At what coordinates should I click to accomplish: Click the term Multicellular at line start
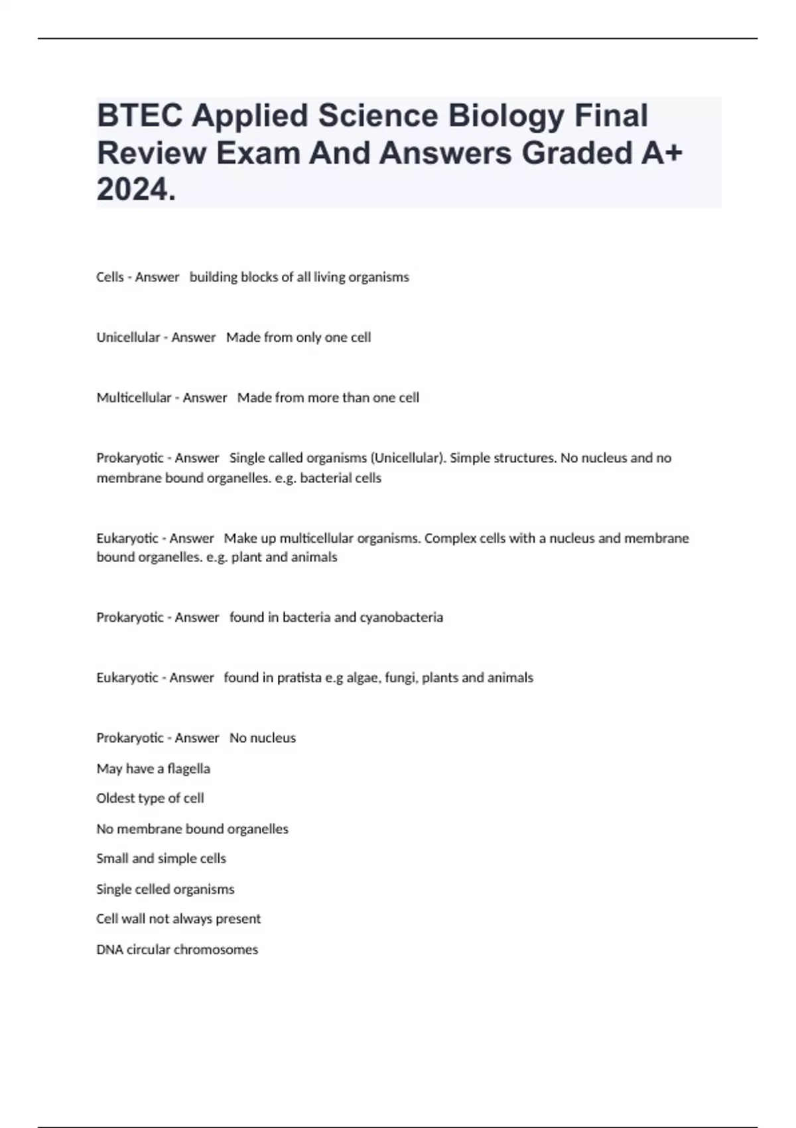pyautogui.click(x=133, y=397)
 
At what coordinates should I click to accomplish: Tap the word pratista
pyautogui.click(x=299, y=677)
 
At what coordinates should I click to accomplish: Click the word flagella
pyautogui.click(x=188, y=768)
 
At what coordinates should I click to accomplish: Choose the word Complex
pyautogui.click(x=446, y=537)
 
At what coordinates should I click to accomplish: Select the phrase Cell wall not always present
pyautogui.click(x=178, y=919)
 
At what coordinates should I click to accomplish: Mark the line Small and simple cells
pyautogui.click(x=161, y=859)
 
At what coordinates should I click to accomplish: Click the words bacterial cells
pyautogui.click(x=340, y=478)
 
